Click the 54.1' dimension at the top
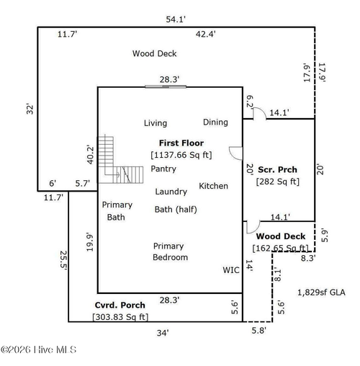[176, 19]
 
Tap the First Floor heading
[181, 143]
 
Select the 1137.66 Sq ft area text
[181, 155]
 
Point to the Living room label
[156, 123]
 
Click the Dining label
[215, 122]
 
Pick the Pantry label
[163, 169]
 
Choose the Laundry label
[171, 192]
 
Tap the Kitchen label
[213, 186]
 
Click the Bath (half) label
[176, 210]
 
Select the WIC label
[231, 270]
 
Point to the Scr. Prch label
[277, 169]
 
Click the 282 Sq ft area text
[278, 182]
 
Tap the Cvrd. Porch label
[120, 305]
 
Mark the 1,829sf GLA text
[322, 293]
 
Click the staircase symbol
[120, 160]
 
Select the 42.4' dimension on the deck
[206, 34]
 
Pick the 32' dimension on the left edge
[30, 109]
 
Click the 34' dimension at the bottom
[163, 333]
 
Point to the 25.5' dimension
[63, 260]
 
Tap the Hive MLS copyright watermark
[38, 349]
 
